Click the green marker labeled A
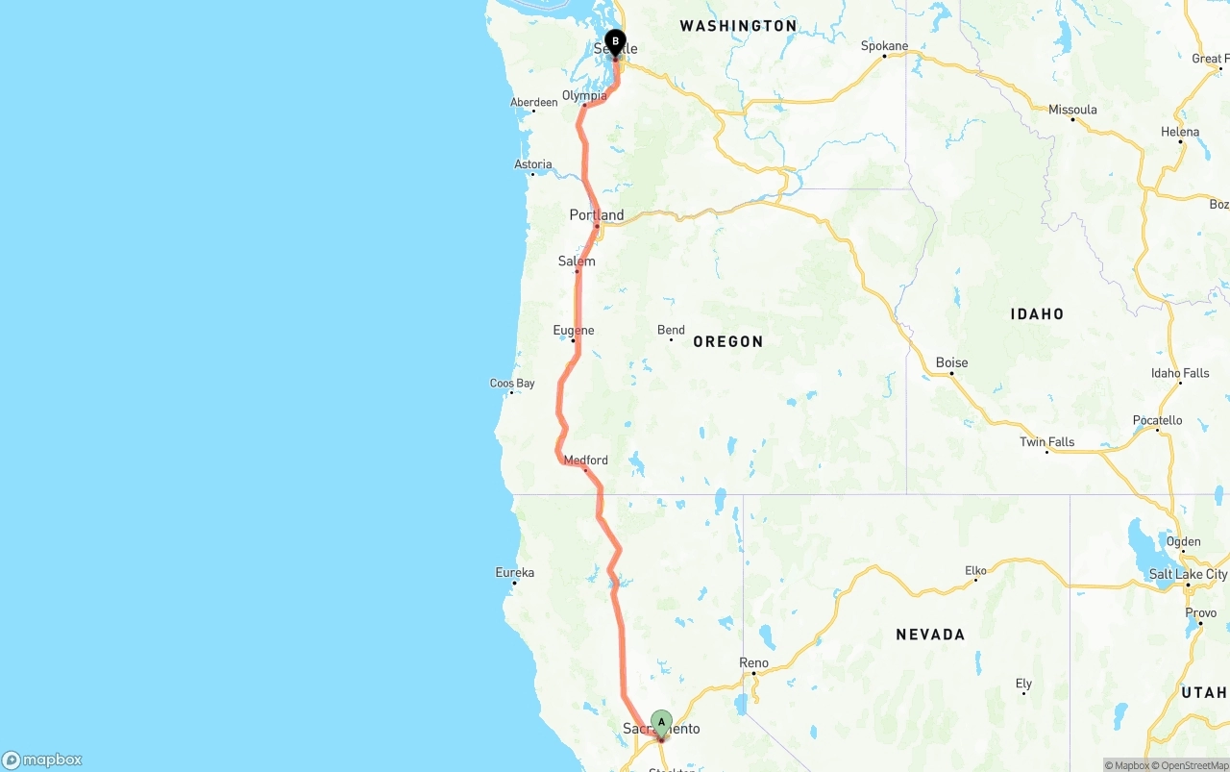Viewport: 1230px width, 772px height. click(661, 723)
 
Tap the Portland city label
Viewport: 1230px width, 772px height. click(596, 215)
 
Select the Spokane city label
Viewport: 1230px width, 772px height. click(884, 46)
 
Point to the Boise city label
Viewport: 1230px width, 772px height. click(951, 362)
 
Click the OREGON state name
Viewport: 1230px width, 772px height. click(727, 341)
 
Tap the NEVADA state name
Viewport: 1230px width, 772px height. click(929, 635)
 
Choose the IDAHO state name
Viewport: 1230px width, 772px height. click(1037, 313)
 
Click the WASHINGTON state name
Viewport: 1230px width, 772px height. click(738, 26)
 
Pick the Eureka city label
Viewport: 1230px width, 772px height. click(514, 573)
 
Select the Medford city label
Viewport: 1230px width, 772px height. click(585, 461)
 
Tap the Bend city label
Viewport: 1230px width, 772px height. click(671, 331)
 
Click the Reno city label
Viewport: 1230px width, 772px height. click(753, 662)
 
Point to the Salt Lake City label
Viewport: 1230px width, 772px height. click(1188, 574)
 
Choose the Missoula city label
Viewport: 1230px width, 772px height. click(1072, 110)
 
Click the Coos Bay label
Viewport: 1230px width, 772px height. click(512, 384)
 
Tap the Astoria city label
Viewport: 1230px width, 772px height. click(533, 164)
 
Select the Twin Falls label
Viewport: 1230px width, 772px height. click(1046, 442)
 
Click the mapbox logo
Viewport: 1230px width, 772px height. click(42, 760)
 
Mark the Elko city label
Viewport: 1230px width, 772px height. click(975, 571)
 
